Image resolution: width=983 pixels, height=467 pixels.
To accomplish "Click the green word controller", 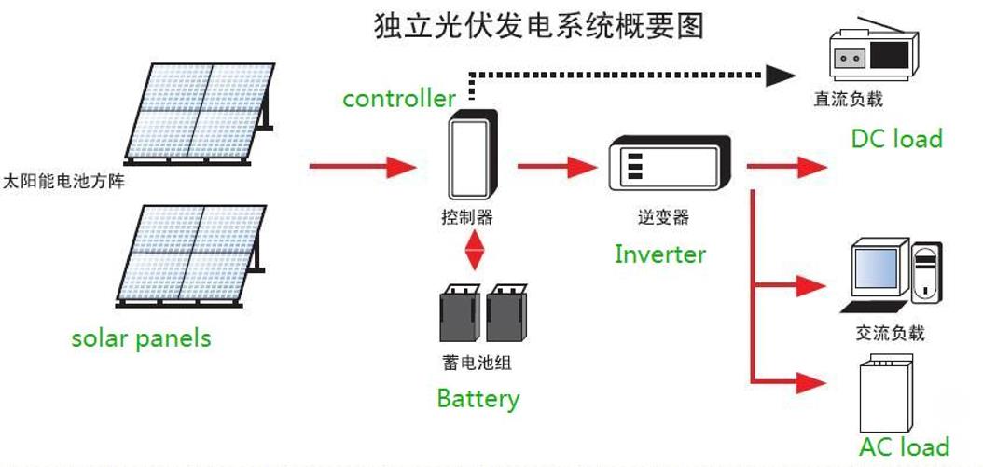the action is tap(399, 99).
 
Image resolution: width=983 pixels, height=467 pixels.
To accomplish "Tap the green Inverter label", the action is tap(660, 254).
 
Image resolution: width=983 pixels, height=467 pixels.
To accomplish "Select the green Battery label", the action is tap(478, 399).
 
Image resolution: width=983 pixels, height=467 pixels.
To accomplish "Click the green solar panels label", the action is tap(141, 338).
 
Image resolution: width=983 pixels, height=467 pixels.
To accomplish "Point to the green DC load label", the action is tap(896, 139).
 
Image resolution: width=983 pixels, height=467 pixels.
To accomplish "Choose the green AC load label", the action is tap(904, 446).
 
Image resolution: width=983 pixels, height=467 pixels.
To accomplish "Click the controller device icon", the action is tap(473, 154).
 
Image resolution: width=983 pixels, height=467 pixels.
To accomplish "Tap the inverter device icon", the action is tap(671, 163).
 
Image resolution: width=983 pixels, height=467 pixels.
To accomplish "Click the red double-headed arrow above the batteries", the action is tap(475, 250).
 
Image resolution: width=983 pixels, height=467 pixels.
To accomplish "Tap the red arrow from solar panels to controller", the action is tap(363, 167).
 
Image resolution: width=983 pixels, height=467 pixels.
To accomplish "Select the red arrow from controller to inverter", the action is tap(557, 167).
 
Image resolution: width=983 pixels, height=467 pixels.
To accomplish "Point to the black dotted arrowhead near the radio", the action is tap(781, 76).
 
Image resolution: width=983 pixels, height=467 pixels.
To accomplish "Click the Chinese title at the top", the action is tap(539, 26).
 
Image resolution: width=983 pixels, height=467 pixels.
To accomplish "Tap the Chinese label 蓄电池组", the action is tap(478, 363).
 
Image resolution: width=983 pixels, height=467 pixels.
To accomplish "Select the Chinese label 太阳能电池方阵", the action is tap(64, 183).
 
